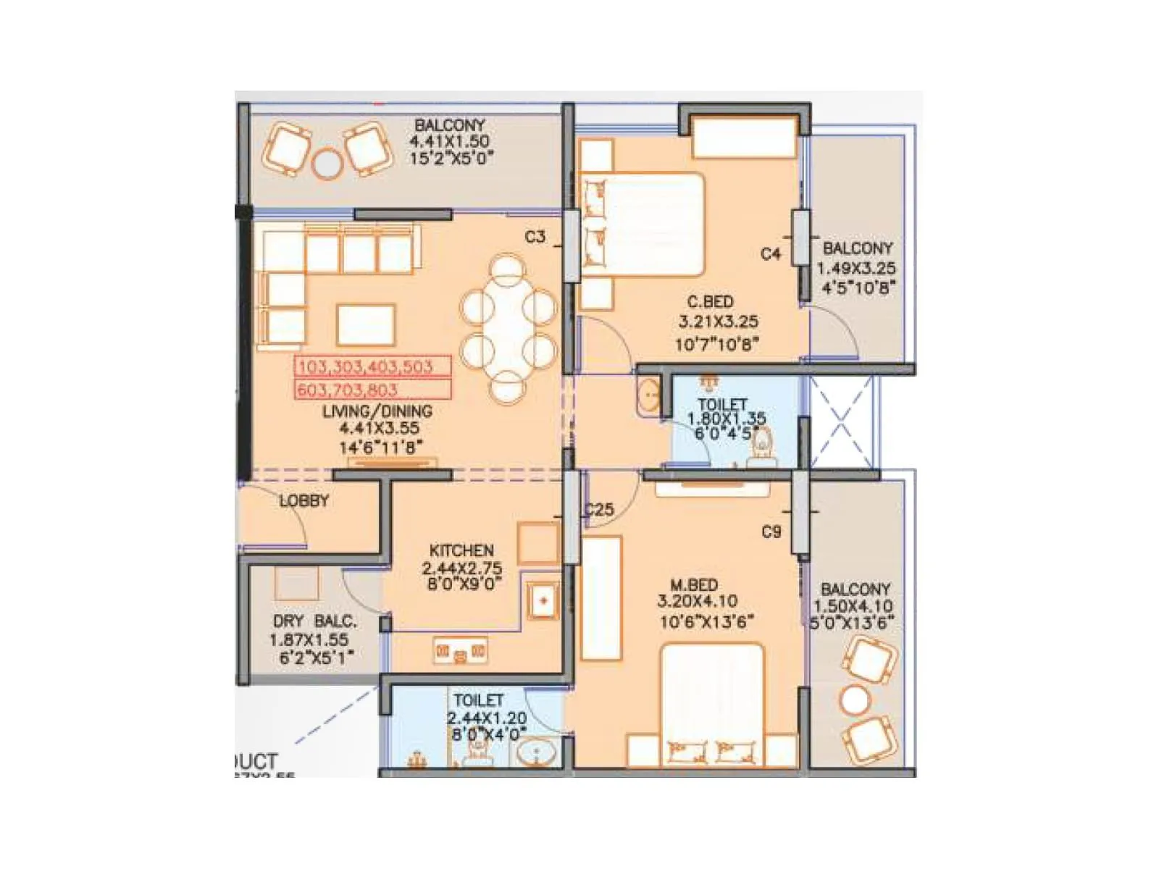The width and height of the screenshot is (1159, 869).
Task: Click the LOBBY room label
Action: coord(304,500)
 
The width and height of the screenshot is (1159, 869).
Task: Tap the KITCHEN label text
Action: coord(461,550)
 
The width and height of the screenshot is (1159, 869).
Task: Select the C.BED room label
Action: coord(710,302)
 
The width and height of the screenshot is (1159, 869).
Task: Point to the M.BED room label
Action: coord(694,584)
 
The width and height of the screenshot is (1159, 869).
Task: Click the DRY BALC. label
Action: coord(314,621)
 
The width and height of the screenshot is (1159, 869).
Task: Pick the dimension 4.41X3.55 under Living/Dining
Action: coord(379,428)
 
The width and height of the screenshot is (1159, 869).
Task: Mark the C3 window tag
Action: coord(535,237)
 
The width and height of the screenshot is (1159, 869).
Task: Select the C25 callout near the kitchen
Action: coord(600,510)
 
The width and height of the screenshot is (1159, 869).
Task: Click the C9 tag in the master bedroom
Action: coord(771,532)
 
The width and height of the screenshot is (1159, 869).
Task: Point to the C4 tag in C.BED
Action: coord(771,253)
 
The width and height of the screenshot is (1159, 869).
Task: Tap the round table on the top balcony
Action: coord(327,164)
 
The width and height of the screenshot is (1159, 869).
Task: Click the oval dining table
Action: coord(509,327)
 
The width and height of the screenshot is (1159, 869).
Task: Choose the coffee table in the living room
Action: coord(366,325)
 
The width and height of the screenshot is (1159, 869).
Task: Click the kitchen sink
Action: coord(542,600)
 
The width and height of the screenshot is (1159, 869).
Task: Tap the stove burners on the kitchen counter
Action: coord(460,652)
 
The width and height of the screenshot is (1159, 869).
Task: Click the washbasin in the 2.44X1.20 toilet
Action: coord(536,754)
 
